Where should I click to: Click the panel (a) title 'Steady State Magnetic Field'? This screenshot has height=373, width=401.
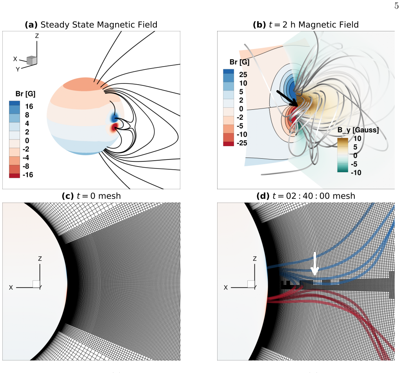99,25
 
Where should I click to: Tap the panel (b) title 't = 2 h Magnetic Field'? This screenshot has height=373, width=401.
314,25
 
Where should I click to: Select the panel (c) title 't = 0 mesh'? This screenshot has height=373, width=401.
99,196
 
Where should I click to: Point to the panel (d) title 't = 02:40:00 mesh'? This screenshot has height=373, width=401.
314,196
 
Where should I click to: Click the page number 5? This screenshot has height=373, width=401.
396,5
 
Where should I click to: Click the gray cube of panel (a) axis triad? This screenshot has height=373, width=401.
32,60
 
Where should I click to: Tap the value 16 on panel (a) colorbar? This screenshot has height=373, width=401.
29,106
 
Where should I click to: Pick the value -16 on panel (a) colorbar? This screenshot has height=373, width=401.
28,175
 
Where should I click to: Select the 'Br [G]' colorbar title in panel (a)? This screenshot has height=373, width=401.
25,94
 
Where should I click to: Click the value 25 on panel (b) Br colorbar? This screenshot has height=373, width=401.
243,75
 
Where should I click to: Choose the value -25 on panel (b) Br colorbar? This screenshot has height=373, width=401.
242,143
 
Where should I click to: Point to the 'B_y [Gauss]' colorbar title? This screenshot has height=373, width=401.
358,130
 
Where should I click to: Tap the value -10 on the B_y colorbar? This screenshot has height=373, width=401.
356,172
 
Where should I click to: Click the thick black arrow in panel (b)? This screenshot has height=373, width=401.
287,98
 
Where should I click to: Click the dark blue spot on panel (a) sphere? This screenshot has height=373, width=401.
114,118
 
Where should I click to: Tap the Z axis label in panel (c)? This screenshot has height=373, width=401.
40,259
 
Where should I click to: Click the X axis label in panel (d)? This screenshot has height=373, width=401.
225,288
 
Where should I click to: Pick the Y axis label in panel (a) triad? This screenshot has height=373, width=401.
18,69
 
